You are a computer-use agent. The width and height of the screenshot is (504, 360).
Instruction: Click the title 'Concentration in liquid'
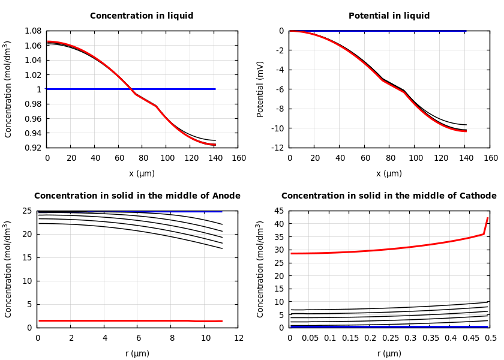(x=142, y=16)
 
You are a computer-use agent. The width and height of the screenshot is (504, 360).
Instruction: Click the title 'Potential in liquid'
(x=389, y=16)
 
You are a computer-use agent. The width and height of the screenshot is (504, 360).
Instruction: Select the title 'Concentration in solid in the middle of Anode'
(x=137, y=196)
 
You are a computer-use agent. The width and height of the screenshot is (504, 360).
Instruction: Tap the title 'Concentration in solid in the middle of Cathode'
(x=389, y=196)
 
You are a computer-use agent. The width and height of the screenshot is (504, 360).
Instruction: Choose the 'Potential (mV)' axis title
(x=260, y=89)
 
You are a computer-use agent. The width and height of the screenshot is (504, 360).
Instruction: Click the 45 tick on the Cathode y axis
(x=279, y=211)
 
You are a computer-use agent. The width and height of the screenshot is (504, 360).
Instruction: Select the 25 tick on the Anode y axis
(x=27, y=211)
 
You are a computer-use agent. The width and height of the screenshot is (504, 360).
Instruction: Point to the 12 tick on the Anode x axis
(x=239, y=338)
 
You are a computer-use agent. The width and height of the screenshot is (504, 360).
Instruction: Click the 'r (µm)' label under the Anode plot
(x=137, y=353)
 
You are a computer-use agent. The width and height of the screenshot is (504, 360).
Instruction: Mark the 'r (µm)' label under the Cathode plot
(x=389, y=353)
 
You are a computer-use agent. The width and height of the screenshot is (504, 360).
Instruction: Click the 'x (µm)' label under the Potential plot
(x=389, y=173)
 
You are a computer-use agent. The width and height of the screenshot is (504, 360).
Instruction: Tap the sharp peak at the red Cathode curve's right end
(x=487, y=218)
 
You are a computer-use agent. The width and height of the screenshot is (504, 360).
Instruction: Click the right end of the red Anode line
(x=222, y=321)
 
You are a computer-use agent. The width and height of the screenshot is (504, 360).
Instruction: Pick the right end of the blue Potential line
(x=466, y=31)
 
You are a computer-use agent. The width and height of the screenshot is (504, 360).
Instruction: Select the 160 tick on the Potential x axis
(x=491, y=158)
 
